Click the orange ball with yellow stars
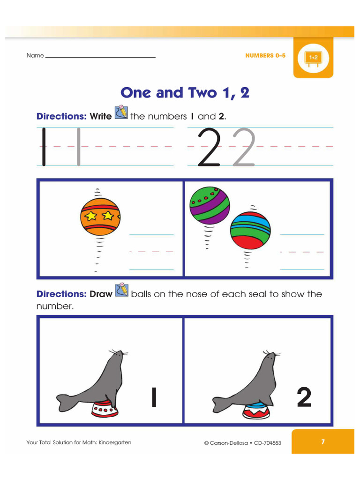tap(100, 217)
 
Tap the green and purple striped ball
tap(210, 205)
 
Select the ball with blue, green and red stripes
tap(250, 230)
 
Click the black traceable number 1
tap(44, 147)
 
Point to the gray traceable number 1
tap(79, 147)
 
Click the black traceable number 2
tap(209, 147)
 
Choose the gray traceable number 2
tap(244, 147)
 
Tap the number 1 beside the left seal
tap(154, 397)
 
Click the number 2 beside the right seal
tap(304, 397)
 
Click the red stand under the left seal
tap(105, 409)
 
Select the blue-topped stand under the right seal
tap(256, 411)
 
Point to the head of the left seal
tap(118, 357)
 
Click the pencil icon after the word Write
tap(121, 112)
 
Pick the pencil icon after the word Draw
tap(122, 290)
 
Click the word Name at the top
tap(35, 55)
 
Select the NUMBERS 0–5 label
tap(265, 55)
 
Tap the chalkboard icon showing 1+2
tap(313, 59)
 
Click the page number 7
tap(322, 442)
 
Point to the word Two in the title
tap(202, 93)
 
